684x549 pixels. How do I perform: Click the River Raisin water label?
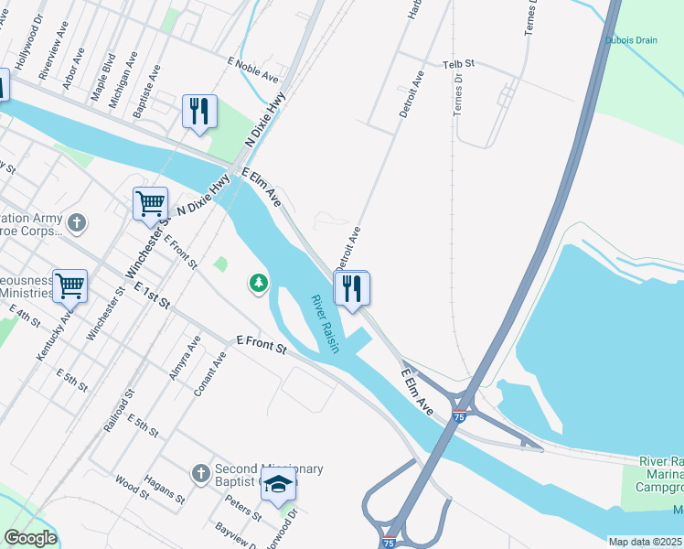tap(325, 325)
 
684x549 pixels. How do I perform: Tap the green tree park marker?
tap(259, 284)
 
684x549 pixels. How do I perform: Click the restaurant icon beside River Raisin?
tap(351, 289)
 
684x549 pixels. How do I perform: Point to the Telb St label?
tap(459, 64)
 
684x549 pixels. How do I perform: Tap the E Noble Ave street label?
tap(253, 70)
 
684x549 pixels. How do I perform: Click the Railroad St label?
tap(120, 409)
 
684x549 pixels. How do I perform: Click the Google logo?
tap(30, 538)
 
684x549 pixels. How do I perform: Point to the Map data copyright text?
tap(644, 542)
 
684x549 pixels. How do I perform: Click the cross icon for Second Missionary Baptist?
tap(201, 473)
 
